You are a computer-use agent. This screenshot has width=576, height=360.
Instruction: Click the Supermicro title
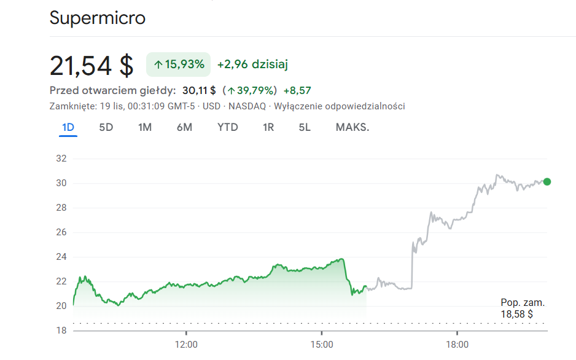pyautogui.click(x=98, y=18)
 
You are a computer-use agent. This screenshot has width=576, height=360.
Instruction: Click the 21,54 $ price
pyautogui.click(x=91, y=66)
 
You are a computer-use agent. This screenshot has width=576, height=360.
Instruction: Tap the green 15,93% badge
pyautogui.click(x=179, y=65)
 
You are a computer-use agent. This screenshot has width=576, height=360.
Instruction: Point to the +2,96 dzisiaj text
pyautogui.click(x=252, y=65)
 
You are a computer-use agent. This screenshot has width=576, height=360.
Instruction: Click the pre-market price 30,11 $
pyautogui.click(x=199, y=91)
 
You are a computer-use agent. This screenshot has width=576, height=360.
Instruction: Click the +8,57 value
pyautogui.click(x=297, y=91)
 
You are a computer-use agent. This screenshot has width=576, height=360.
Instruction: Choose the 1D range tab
pyautogui.click(x=68, y=128)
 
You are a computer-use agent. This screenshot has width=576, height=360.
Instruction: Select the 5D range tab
pyautogui.click(x=106, y=128)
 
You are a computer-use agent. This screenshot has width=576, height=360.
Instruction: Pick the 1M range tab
pyautogui.click(x=145, y=128)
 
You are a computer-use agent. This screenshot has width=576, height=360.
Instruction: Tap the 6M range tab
pyautogui.click(x=184, y=128)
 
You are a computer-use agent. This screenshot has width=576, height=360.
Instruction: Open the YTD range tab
pyautogui.click(x=228, y=128)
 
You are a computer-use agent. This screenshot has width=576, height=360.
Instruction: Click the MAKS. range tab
pyautogui.click(x=352, y=128)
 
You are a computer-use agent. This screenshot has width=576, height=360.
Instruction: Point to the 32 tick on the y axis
pyautogui.click(x=61, y=158)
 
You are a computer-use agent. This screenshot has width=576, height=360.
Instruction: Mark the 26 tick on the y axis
pyautogui.click(x=61, y=232)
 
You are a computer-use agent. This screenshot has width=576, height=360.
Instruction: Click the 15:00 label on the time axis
pyautogui.click(x=322, y=345)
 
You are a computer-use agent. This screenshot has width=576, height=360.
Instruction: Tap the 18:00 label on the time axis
pyautogui.click(x=457, y=345)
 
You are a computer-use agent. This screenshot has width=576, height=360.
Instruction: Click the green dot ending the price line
pyautogui.click(x=547, y=182)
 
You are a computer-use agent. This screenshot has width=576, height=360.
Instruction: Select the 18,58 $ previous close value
pyautogui.click(x=516, y=315)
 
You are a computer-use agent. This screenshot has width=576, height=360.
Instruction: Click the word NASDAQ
pyautogui.click(x=247, y=106)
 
